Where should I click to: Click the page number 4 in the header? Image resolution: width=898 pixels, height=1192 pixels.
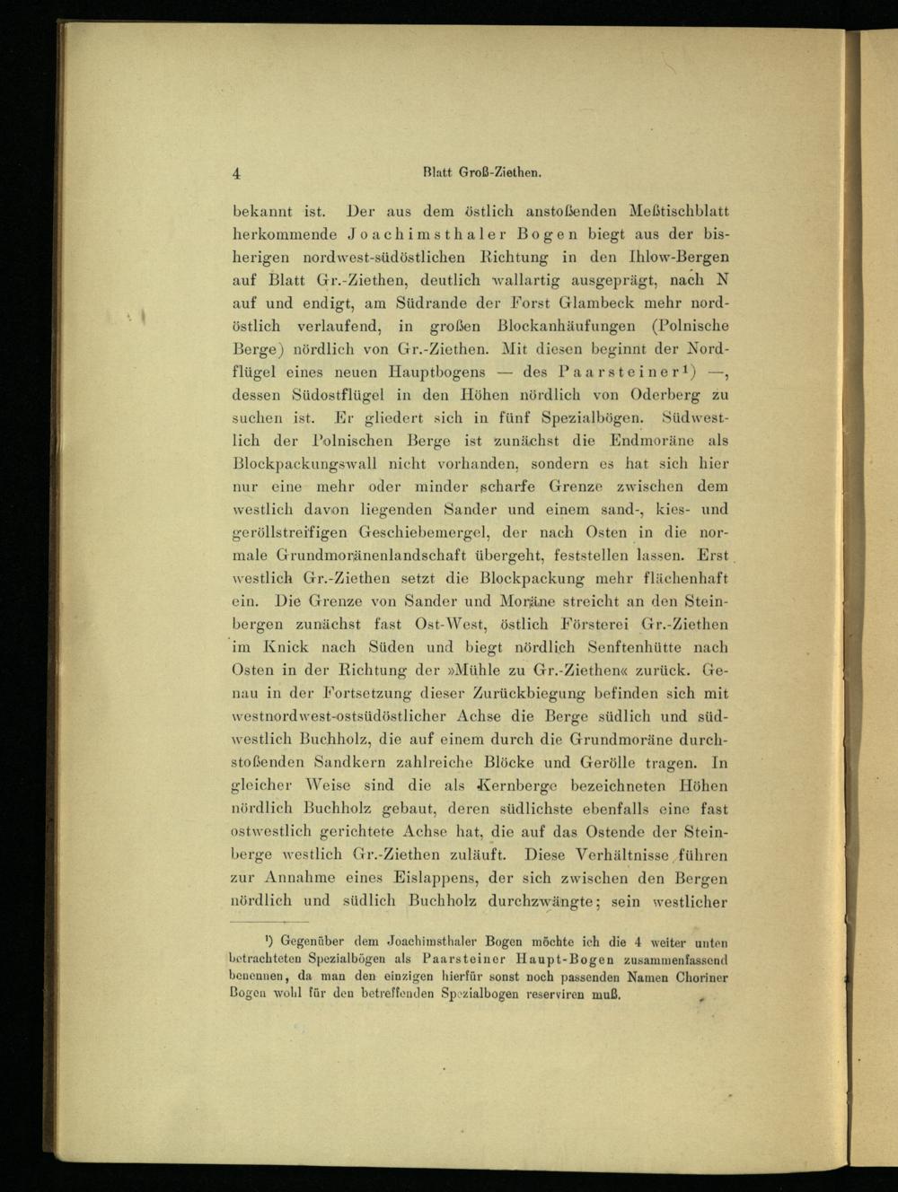point(236,174)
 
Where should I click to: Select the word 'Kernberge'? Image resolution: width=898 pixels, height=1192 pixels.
point(522,785)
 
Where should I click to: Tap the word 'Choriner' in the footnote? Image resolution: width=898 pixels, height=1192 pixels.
point(700,977)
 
